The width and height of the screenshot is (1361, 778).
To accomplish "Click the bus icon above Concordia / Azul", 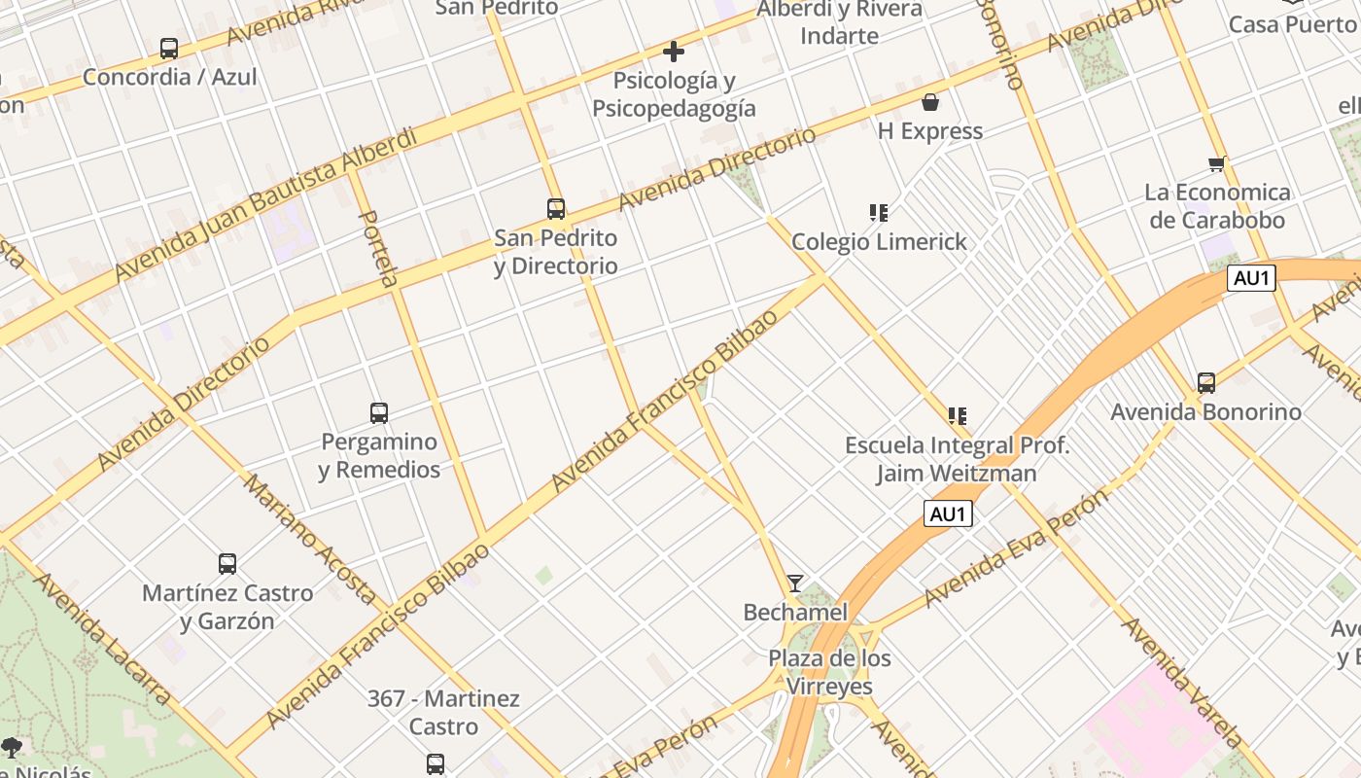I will (x=169, y=48).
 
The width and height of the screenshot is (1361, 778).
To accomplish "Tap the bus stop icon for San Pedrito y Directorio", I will (x=556, y=209).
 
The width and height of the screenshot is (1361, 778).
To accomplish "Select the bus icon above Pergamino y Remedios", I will (x=379, y=413).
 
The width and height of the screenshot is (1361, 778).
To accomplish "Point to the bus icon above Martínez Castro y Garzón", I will (x=227, y=564).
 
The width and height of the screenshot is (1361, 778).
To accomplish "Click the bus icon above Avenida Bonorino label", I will (x=1206, y=383).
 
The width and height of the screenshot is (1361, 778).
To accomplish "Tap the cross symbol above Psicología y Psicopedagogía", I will (x=674, y=52).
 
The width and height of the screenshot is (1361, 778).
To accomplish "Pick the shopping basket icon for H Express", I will (x=930, y=102).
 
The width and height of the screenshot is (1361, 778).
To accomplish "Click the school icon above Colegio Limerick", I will (x=879, y=212).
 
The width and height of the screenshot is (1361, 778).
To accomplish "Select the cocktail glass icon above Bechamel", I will (x=795, y=583).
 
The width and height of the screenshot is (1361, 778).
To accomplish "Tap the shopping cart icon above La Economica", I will (x=1216, y=163).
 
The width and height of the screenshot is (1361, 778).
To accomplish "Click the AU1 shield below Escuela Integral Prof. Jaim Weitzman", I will (x=948, y=513).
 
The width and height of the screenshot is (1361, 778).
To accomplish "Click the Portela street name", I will (x=379, y=248).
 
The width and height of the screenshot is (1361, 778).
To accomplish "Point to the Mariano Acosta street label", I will (x=310, y=539).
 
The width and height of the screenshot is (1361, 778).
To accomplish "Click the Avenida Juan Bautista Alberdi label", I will (x=264, y=204).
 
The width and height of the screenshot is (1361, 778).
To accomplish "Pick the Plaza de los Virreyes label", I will (x=829, y=672).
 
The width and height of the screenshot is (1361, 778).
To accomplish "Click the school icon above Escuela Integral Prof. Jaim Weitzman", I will (x=958, y=416).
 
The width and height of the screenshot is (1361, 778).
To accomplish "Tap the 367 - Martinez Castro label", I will (x=443, y=712).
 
